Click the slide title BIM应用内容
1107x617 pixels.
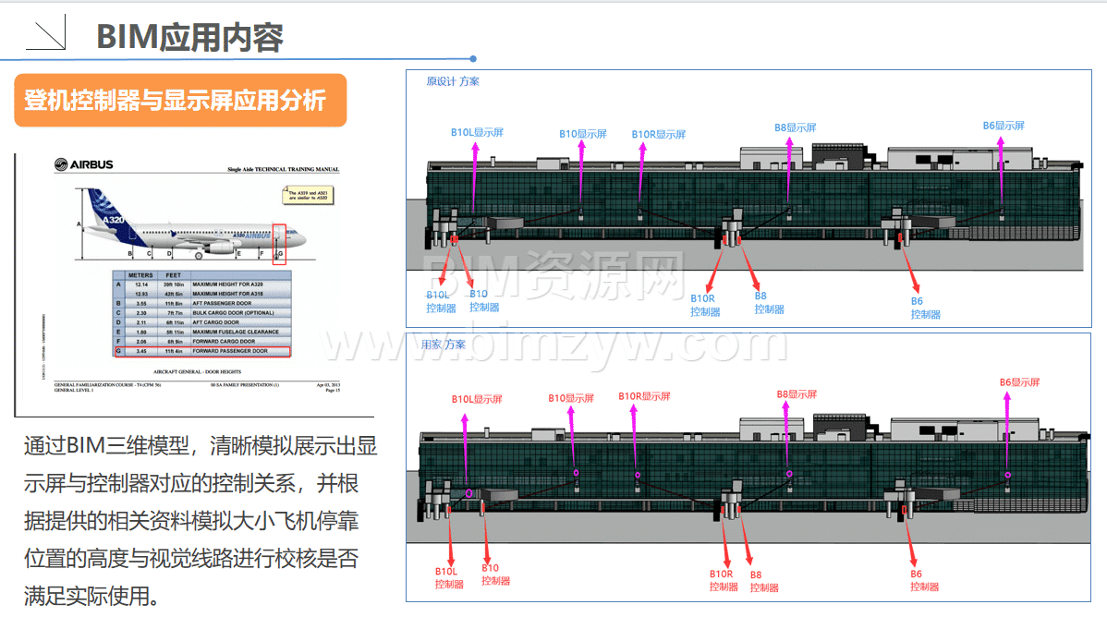[189, 37]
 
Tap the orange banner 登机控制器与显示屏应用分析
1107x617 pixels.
[180, 100]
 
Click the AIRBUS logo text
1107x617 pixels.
[84, 164]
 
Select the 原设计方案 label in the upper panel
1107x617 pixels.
[452, 81]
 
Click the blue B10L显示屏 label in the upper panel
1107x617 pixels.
[477, 132]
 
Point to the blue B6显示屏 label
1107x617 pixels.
[1003, 126]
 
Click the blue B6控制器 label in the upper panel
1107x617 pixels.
[924, 308]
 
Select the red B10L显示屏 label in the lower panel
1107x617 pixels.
[477, 399]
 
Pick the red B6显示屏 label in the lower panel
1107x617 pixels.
[1019, 382]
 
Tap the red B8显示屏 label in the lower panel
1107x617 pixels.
[796, 394]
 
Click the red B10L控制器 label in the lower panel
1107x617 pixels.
[449, 577]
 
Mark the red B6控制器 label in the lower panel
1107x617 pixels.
[923, 580]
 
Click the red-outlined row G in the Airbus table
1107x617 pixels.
[201, 351]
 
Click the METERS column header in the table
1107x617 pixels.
[140, 275]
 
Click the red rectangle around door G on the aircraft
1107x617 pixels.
[279, 244]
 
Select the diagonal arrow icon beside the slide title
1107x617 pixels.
[45, 35]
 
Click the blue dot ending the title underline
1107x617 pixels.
[473, 58]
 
